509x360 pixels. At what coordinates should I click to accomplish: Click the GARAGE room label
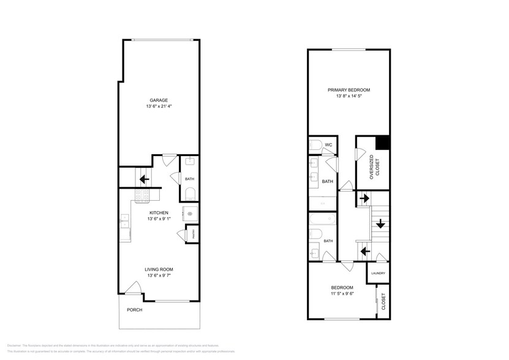pos(159,100)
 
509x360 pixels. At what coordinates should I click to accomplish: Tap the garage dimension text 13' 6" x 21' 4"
pos(159,107)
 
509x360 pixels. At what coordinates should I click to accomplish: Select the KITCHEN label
pos(159,213)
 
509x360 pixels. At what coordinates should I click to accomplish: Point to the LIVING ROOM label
pos(159,269)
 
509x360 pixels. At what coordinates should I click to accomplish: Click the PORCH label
pos(135,310)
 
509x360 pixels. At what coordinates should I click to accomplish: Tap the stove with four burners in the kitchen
pos(142,196)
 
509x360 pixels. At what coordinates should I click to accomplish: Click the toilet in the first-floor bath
pos(189,194)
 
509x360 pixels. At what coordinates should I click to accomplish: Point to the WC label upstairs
pos(328,144)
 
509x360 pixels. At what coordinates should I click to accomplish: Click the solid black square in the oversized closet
pos(383,142)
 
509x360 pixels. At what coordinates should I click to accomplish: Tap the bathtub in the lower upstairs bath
pos(322,219)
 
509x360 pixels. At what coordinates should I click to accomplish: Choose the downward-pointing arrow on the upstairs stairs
pos(380,223)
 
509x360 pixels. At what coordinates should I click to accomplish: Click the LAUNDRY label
pos(378,273)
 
